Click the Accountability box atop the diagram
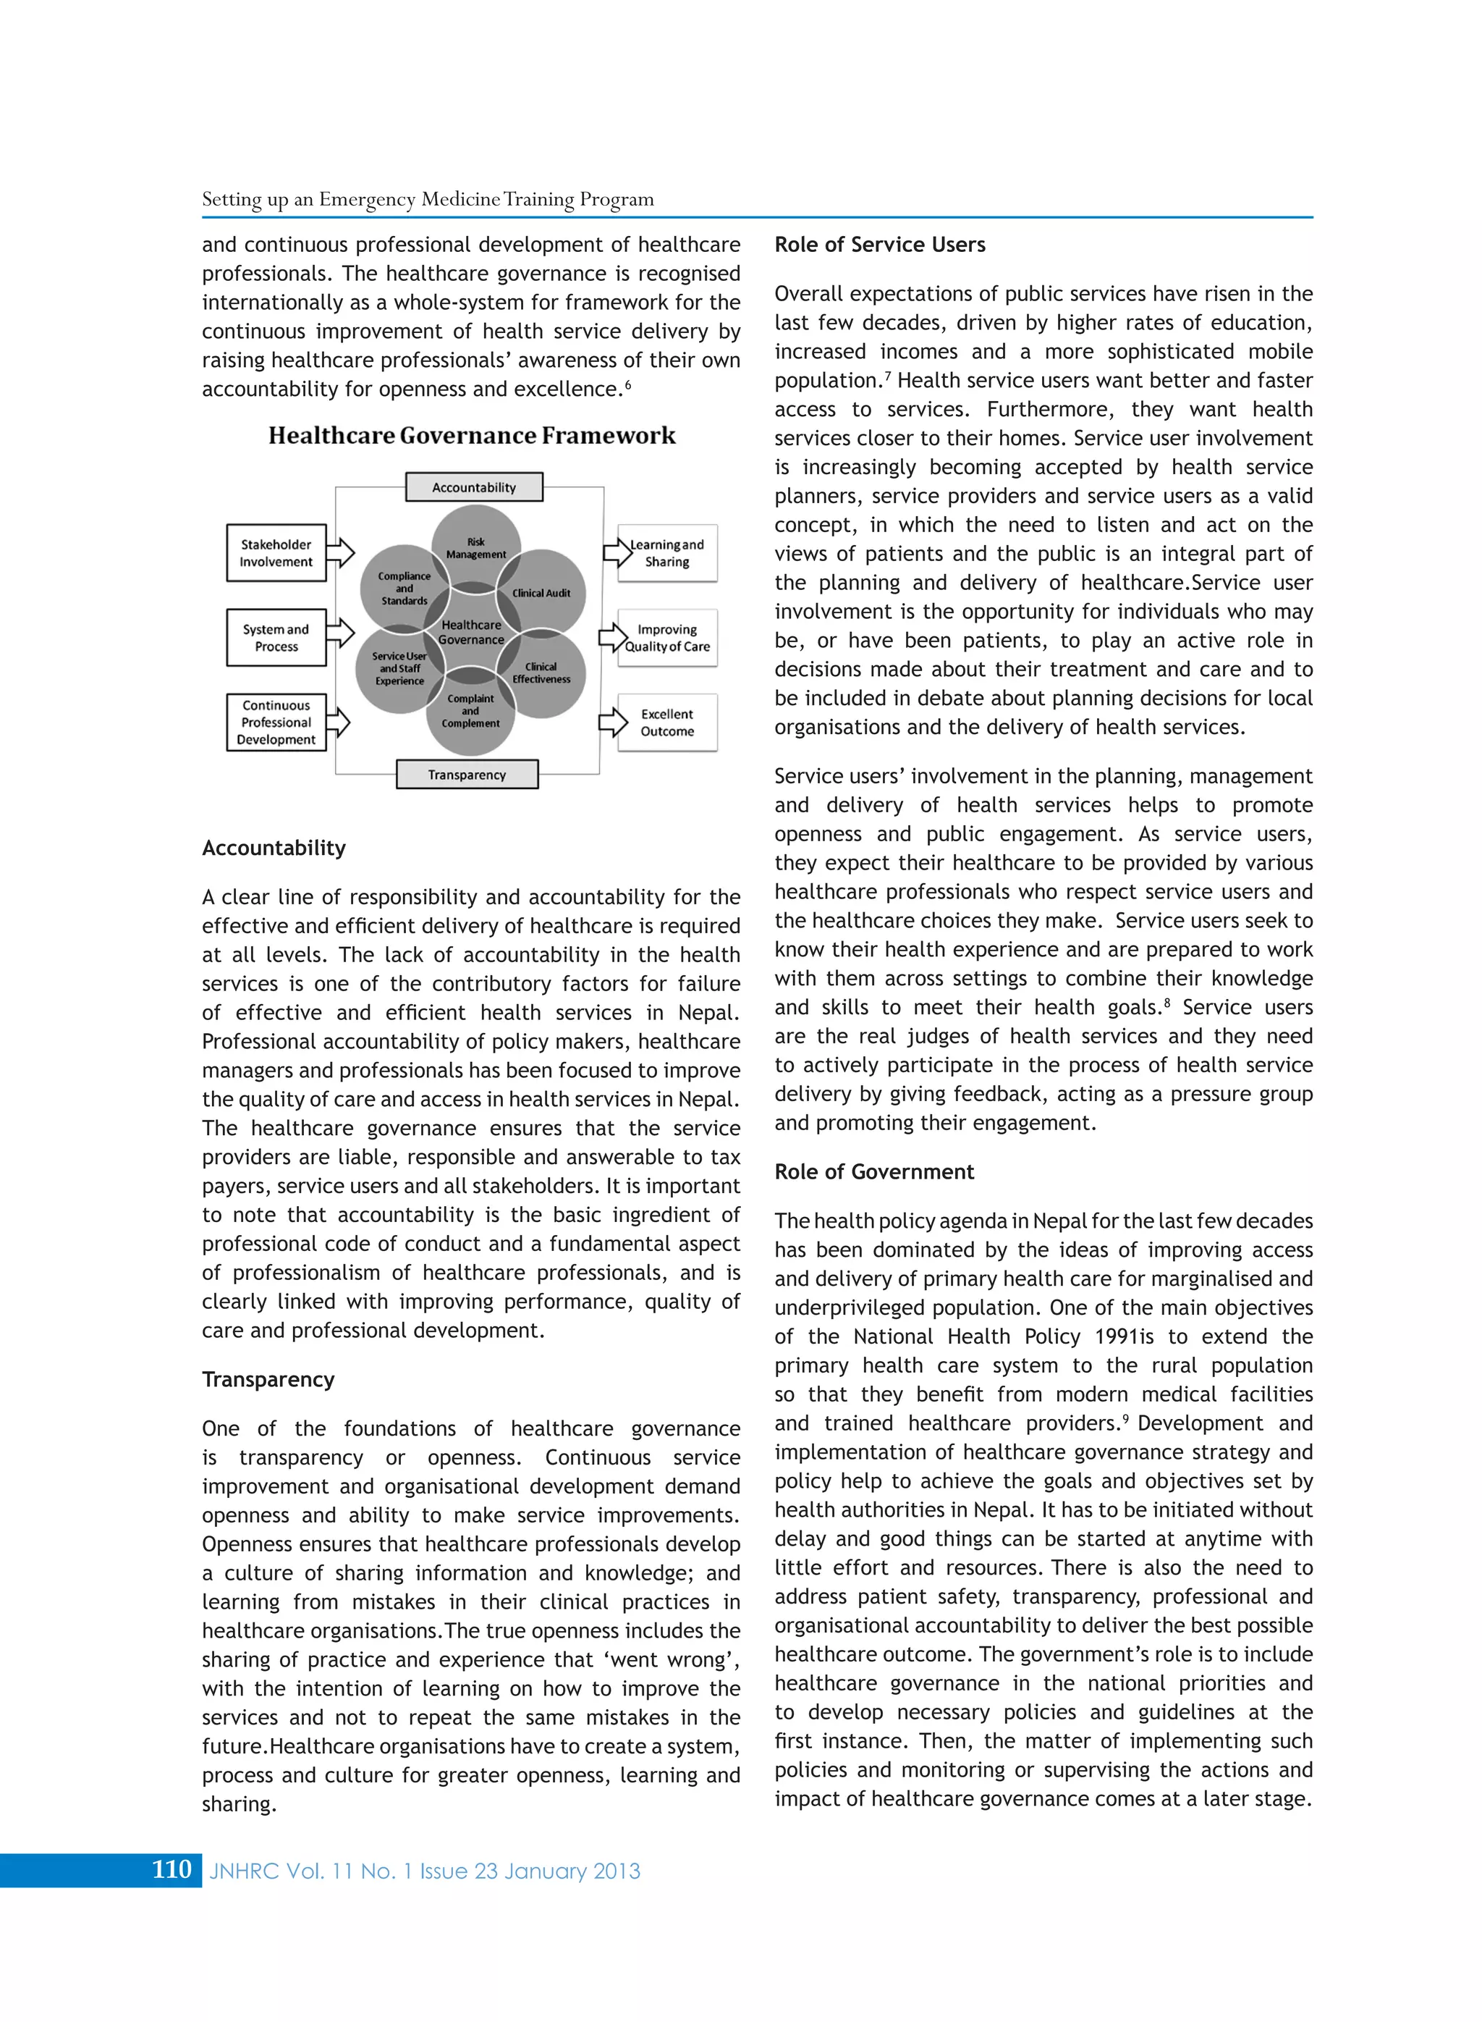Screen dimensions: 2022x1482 (x=474, y=487)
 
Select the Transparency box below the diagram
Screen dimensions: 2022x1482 (x=467, y=775)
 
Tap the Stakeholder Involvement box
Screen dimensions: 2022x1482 (x=276, y=553)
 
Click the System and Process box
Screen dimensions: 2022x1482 (x=276, y=638)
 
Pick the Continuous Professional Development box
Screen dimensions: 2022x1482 (x=276, y=723)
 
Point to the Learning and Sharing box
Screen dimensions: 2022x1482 (x=667, y=553)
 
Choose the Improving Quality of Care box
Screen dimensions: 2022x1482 (x=667, y=638)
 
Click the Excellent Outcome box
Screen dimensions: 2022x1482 (x=667, y=723)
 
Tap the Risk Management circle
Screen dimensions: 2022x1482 (x=475, y=543)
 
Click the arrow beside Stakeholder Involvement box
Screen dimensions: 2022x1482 (x=340, y=553)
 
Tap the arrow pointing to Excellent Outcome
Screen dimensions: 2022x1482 (x=613, y=722)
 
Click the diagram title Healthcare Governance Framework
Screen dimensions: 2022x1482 (x=472, y=436)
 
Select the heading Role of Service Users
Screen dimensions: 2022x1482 (x=879, y=245)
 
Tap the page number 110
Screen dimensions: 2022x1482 (x=172, y=1869)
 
